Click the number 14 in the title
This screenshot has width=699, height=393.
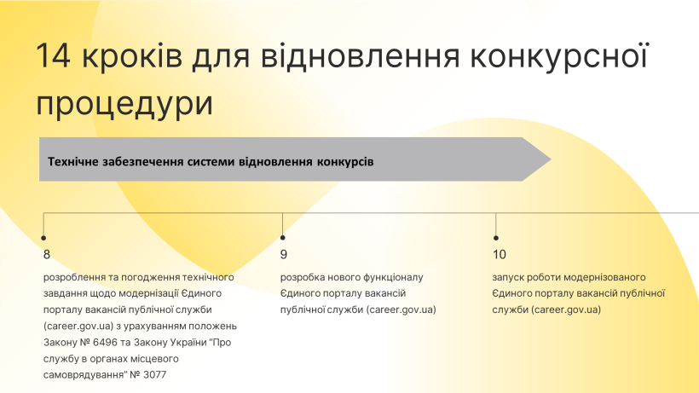(53, 55)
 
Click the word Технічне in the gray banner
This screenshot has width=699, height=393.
(73, 161)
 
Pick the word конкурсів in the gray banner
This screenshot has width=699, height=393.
(345, 161)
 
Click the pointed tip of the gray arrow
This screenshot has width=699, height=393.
(551, 159)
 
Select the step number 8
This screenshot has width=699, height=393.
(47, 254)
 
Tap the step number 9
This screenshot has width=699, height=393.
(284, 254)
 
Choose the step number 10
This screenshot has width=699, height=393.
(500, 254)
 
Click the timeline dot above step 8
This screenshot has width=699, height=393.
(43, 238)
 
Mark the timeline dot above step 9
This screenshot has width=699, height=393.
(283, 238)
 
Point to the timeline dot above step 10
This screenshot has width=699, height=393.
(496, 238)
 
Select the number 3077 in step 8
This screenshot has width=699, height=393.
(154, 375)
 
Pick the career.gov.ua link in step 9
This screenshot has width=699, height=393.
(401, 309)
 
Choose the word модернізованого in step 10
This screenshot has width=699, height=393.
(606, 277)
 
